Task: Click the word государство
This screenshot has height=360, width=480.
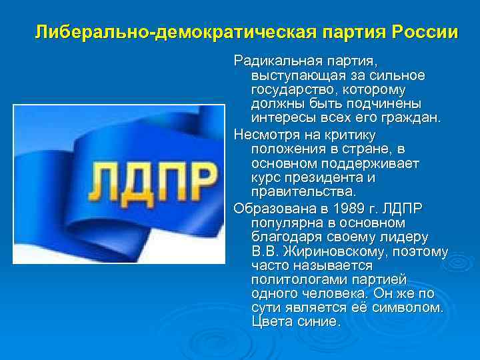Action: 288,90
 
